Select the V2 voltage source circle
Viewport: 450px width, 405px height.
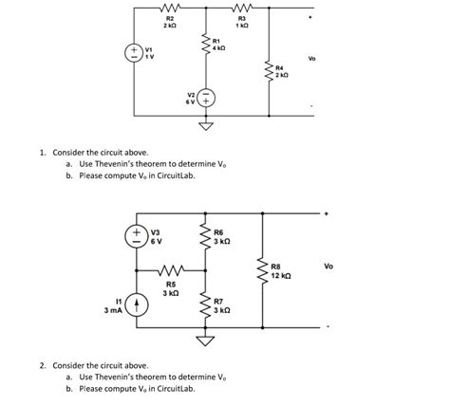click(x=207, y=97)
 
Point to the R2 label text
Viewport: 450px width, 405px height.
click(x=170, y=18)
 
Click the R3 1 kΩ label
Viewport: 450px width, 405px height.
click(x=242, y=22)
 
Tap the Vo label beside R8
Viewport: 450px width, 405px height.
click(x=328, y=267)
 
